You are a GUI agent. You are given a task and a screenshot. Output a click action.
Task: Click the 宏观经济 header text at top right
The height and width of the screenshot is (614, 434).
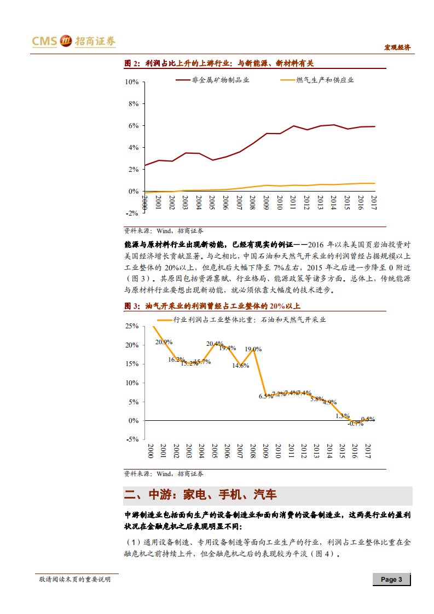396,48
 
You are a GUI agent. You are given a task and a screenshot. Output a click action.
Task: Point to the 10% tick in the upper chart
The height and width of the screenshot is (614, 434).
132,82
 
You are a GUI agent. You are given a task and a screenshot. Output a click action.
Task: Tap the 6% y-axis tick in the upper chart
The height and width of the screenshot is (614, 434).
134,126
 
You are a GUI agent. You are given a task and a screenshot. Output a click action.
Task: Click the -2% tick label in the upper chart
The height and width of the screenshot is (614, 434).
132,213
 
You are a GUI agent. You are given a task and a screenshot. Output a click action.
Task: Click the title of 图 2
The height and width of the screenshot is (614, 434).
219,63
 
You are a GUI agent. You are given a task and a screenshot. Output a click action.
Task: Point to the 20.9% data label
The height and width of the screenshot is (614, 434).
164,342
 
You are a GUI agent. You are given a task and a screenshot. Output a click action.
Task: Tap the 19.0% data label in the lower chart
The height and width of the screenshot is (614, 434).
253,349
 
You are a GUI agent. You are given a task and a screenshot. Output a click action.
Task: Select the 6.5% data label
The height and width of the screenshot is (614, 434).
265,396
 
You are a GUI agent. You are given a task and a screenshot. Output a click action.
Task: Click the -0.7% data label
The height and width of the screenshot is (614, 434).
355,424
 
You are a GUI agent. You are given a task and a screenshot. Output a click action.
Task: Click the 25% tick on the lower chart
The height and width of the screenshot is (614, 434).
132,326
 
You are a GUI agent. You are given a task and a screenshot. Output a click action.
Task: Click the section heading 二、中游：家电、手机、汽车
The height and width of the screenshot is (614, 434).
200,496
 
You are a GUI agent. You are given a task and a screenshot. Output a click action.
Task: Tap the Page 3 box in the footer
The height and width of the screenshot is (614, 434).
391,580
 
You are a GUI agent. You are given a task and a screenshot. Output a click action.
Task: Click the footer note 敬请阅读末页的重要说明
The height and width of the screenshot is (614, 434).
74,580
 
